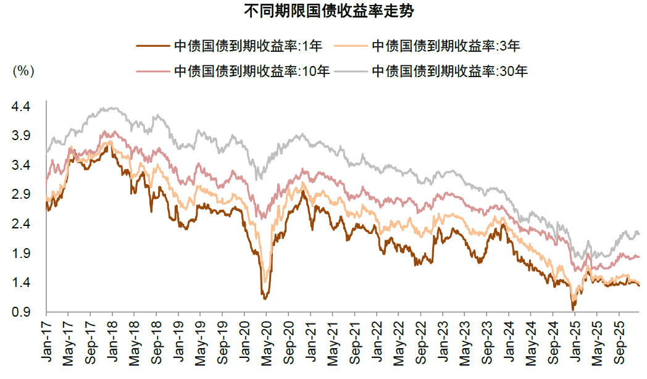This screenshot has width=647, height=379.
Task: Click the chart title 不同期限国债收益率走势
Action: (324, 11)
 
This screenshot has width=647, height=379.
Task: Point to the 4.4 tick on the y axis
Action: (21, 107)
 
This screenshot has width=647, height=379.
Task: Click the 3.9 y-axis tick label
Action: (21, 136)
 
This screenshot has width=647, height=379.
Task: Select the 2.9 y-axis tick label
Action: (21, 194)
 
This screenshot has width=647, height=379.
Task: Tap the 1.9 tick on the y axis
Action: (21, 254)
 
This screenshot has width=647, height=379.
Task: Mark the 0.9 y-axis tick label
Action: (21, 312)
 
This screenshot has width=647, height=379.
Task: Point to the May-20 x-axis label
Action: (266, 340)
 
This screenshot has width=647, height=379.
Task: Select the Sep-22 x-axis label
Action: (420, 340)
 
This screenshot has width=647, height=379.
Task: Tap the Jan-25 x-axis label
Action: (574, 340)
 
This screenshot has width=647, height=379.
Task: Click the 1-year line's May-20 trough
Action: (265, 299)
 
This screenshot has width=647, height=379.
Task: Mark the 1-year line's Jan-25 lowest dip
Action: (573, 308)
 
